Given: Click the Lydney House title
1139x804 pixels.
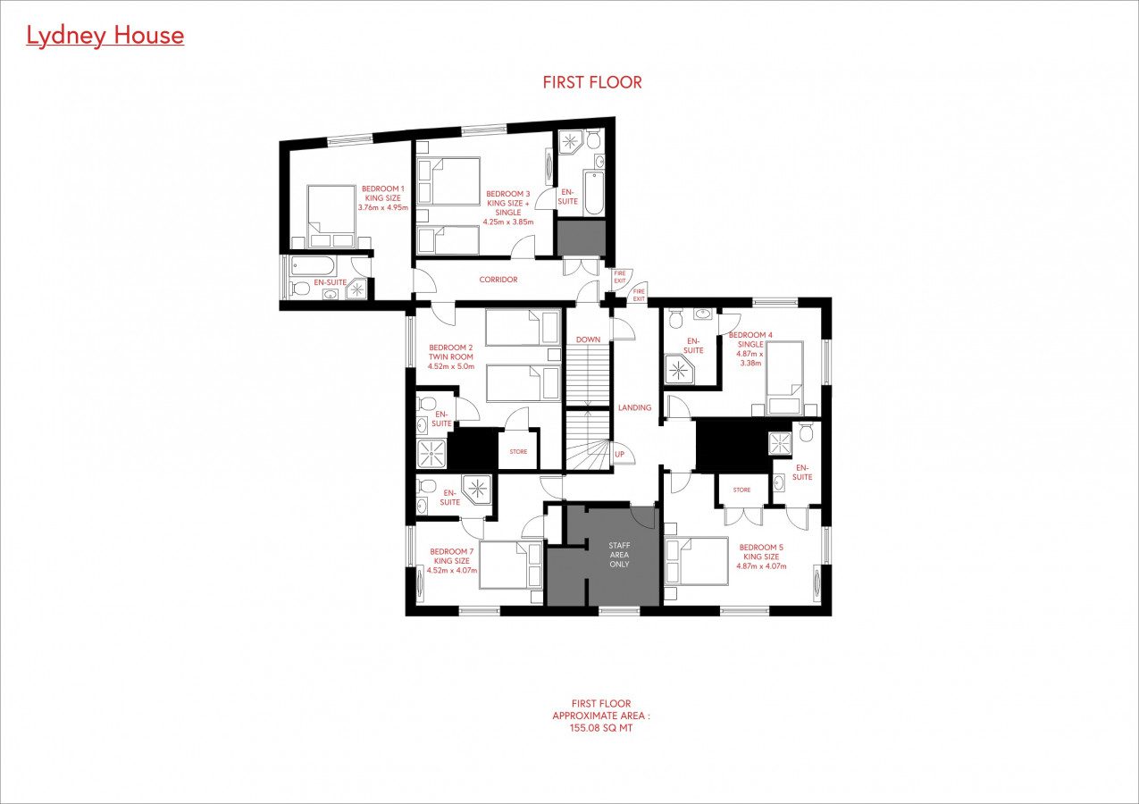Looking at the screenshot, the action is pyautogui.click(x=105, y=36).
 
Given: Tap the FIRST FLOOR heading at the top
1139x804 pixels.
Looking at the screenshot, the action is pyautogui.click(x=592, y=82).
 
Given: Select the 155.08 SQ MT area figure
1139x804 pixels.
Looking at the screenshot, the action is pyautogui.click(x=601, y=728).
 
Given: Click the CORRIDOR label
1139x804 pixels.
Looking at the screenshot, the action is pyautogui.click(x=498, y=280).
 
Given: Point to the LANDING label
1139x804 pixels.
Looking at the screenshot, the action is pyautogui.click(x=634, y=407).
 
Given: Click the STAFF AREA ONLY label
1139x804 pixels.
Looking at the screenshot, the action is pyautogui.click(x=619, y=555).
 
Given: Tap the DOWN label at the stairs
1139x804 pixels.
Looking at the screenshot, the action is pyautogui.click(x=589, y=339).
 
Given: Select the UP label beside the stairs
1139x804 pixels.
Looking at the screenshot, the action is pyautogui.click(x=619, y=454).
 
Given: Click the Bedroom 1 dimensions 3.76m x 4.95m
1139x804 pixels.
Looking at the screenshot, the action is pyautogui.click(x=383, y=207).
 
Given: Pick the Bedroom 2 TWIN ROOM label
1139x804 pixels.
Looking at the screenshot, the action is pyautogui.click(x=450, y=357).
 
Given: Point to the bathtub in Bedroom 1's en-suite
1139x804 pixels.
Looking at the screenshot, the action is pyautogui.click(x=312, y=265).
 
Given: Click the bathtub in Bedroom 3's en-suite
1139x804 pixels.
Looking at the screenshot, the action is pyautogui.click(x=594, y=194).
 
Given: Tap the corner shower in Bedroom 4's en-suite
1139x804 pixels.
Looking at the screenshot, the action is pyautogui.click(x=679, y=368).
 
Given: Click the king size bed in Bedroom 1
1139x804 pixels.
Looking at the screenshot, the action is pyautogui.click(x=331, y=216).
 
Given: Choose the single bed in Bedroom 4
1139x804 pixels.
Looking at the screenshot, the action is pyautogui.click(x=784, y=378).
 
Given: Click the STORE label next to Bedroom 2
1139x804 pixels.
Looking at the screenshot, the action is pyautogui.click(x=519, y=452).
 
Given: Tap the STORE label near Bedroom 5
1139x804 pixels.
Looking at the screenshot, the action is pyautogui.click(x=741, y=490).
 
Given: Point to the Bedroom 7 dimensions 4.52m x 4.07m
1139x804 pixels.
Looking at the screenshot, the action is pyautogui.click(x=452, y=570).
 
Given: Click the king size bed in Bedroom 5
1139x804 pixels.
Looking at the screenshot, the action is pyautogui.click(x=697, y=561).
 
